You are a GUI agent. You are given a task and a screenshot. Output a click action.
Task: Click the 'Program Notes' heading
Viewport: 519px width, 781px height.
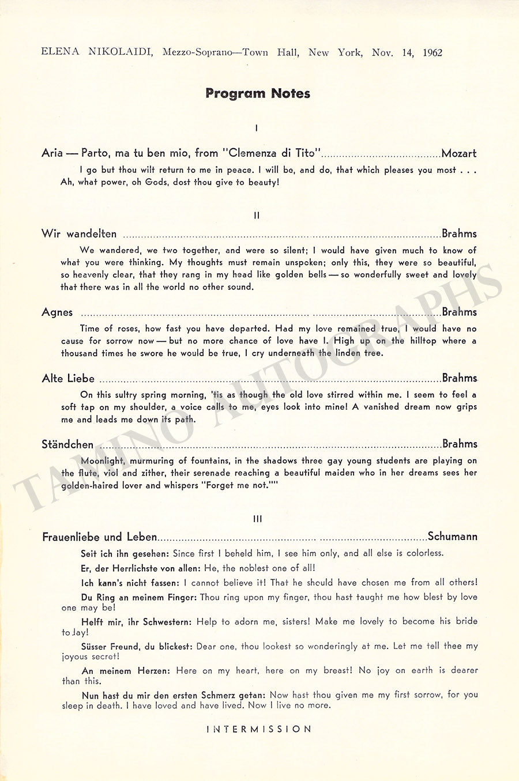[x=258, y=93]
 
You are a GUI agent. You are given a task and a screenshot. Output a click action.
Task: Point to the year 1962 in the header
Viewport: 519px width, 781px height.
[x=432, y=52]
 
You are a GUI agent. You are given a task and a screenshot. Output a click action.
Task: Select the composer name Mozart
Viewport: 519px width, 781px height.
[x=459, y=153]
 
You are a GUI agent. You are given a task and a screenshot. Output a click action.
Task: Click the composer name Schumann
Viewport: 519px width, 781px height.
[x=453, y=537]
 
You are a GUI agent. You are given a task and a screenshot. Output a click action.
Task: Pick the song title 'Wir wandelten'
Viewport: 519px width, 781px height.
[x=79, y=234]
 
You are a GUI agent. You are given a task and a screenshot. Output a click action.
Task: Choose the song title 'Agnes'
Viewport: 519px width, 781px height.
[x=57, y=312]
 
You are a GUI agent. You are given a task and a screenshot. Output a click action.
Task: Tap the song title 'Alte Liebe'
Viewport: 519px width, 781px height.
[x=68, y=379]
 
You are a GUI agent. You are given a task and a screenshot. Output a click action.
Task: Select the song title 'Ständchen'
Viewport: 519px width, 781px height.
[x=67, y=444]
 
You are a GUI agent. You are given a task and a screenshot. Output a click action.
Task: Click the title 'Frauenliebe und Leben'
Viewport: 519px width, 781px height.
[x=99, y=537]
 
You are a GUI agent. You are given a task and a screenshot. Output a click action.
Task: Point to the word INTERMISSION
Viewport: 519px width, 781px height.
[x=259, y=729]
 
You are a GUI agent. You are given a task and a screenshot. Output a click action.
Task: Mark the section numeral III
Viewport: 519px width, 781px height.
[x=257, y=519]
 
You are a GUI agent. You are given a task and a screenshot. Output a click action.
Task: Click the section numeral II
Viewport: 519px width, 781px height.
[x=257, y=216]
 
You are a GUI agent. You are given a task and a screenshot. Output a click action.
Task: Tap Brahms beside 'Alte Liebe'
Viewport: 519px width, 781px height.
[x=460, y=378]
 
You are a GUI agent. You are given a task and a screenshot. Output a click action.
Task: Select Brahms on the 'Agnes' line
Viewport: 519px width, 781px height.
[x=460, y=312]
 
